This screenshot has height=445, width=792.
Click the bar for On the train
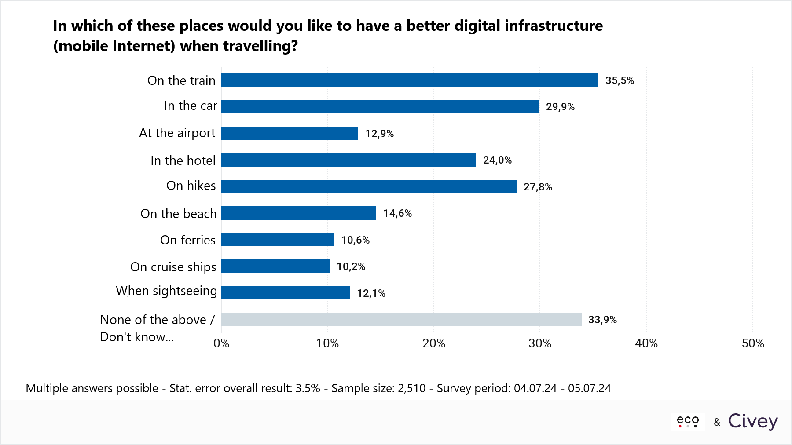coord(409,80)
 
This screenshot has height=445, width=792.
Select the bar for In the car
coord(380,106)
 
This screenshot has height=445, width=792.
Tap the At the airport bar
coord(290,133)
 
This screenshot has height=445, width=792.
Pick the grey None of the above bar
coord(401,320)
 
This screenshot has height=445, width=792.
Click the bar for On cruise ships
coord(275,266)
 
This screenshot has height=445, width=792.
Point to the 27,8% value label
coord(537,187)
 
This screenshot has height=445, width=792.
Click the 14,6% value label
coord(397,213)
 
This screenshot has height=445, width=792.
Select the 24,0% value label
coord(497,160)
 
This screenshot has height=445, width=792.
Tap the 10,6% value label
coord(355,240)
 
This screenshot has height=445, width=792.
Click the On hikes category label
coord(191,186)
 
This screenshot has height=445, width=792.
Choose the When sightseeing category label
coord(166,291)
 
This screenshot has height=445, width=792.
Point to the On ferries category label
coord(188,240)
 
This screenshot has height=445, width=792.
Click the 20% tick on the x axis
coord(433,343)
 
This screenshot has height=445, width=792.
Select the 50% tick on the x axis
coord(752,343)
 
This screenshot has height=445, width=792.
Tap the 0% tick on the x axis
coord(221,343)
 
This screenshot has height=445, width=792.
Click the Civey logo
coord(752,421)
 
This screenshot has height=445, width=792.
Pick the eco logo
coord(688,421)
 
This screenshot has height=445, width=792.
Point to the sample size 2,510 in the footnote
coord(411,388)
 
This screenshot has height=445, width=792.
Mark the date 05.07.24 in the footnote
coord(589,388)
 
